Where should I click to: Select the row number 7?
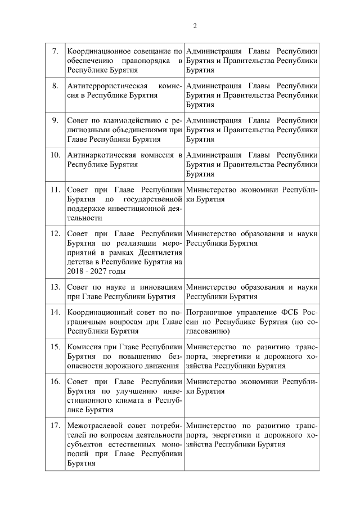(55, 51)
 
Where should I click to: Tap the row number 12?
(55, 233)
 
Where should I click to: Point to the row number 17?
(55, 426)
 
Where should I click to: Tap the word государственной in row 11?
(154, 199)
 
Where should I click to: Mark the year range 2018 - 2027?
(87, 271)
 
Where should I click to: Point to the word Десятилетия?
(154, 252)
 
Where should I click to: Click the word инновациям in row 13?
(160, 287)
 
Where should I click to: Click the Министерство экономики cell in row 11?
(251, 194)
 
